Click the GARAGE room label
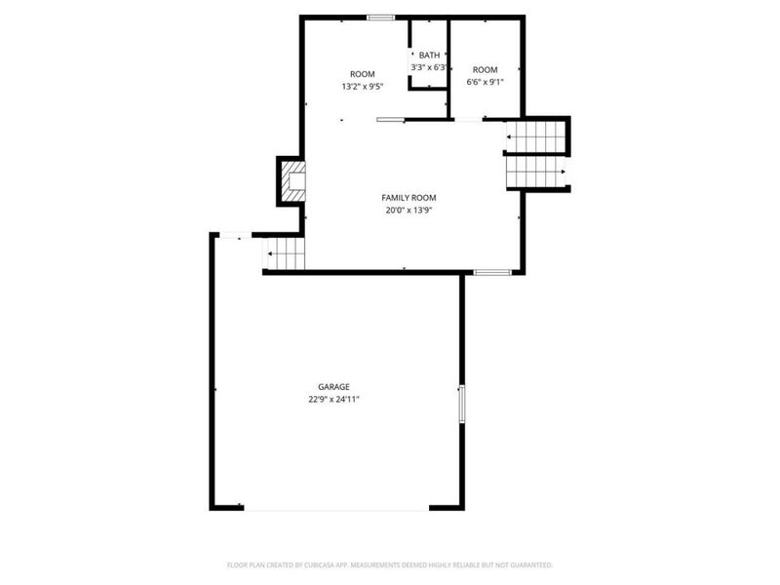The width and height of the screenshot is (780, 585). coord(333,386)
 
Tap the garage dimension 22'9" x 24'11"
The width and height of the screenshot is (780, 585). coord(333,399)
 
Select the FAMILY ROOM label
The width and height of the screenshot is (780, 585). coord(407,197)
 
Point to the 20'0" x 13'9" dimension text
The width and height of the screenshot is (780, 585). coord(407,210)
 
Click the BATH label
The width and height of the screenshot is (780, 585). coord(429,56)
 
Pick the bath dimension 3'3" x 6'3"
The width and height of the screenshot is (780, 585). coord(429,68)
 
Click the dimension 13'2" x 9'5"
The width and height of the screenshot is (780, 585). coord(362,87)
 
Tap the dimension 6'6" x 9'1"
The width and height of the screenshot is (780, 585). coord(485,82)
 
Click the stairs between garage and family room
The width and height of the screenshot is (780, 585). coord(286,254)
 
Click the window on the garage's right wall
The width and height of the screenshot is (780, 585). coord(462,403)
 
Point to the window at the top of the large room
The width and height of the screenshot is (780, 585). coord(380,17)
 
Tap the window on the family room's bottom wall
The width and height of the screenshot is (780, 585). coord(492,272)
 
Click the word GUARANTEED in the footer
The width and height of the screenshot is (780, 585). coord(529,565)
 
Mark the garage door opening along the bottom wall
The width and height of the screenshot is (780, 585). coord(336,508)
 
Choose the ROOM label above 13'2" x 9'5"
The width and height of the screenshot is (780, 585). coord(363,74)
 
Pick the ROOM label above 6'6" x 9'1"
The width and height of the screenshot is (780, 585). coord(485,69)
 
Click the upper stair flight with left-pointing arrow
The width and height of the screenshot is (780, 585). coord(535,137)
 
